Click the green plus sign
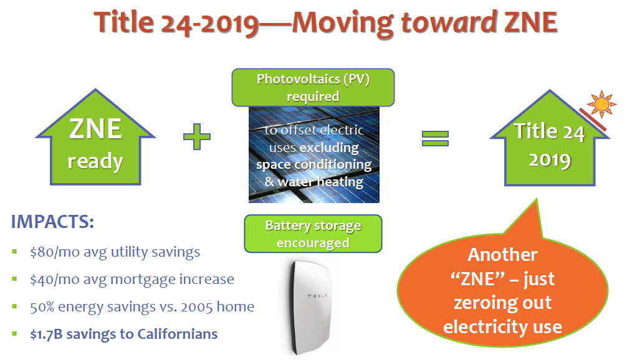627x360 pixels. pos(197,136)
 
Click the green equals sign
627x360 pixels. pos(435,139)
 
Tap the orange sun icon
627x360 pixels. pos(601,104)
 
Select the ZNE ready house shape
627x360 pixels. pos(95,137)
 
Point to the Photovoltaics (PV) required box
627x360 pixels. pos(313,87)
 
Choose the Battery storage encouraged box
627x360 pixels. pos(313,234)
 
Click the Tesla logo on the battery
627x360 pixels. pos(317,296)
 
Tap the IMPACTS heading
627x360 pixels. pos(52,221)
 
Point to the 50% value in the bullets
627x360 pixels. pos(42,307)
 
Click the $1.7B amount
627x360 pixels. pos(46,334)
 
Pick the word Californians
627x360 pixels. pos(177,334)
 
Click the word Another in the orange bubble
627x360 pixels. pos(502,255)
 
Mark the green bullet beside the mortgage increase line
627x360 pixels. pos(15,279)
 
